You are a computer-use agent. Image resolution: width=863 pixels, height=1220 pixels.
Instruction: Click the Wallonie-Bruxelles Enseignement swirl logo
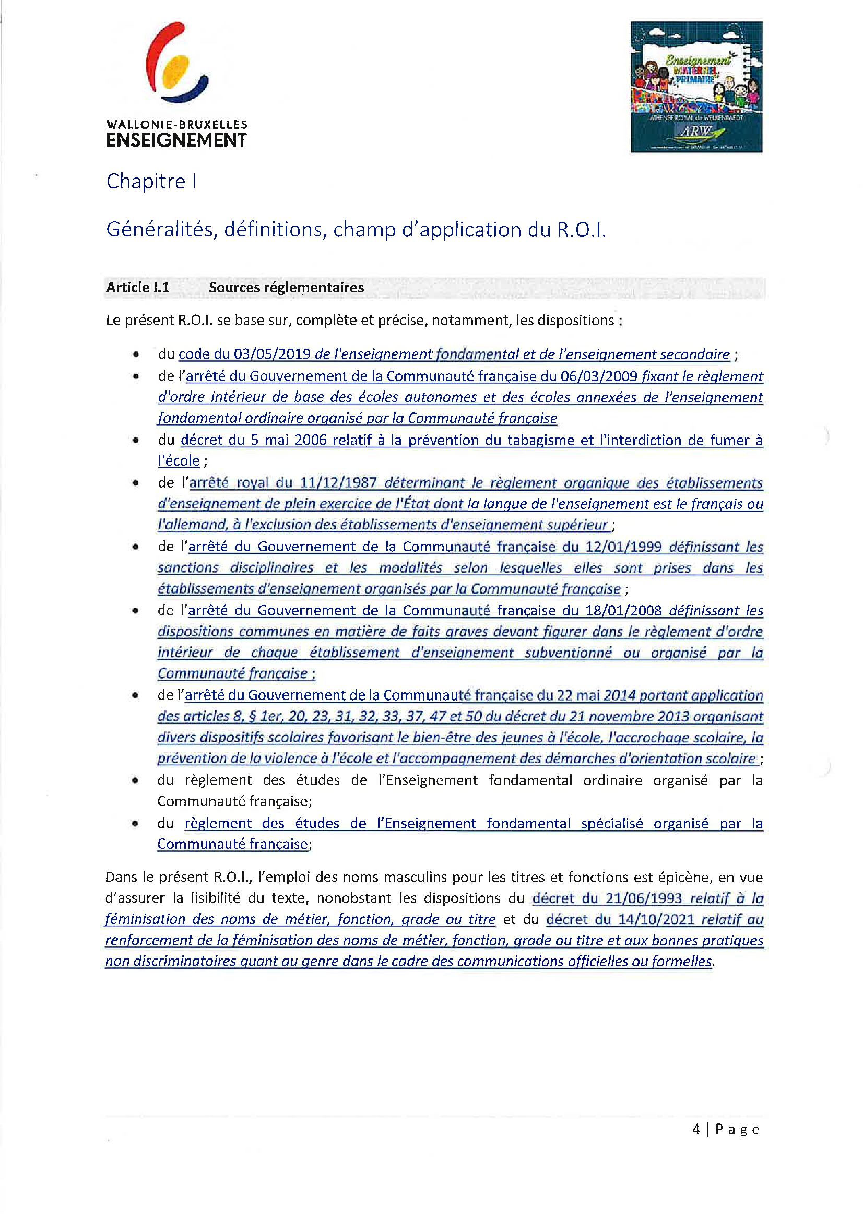[176, 63]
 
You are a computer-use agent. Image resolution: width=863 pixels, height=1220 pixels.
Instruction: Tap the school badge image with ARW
[696, 87]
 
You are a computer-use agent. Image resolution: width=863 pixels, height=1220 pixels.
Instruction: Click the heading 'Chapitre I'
[151, 182]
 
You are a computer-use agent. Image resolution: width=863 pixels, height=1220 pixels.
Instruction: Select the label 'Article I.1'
[138, 288]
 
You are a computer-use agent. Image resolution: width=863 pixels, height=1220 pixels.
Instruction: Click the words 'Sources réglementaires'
[286, 288]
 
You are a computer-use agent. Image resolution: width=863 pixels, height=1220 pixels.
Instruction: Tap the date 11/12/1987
[338, 482]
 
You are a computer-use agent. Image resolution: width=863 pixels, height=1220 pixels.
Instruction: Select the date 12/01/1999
[623, 547]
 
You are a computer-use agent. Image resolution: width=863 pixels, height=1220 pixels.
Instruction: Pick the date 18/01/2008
[623, 611]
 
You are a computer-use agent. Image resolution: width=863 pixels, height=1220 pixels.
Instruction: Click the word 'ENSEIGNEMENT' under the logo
[176, 141]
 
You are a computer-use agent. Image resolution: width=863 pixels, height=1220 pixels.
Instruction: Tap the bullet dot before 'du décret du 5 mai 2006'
[137, 440]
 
